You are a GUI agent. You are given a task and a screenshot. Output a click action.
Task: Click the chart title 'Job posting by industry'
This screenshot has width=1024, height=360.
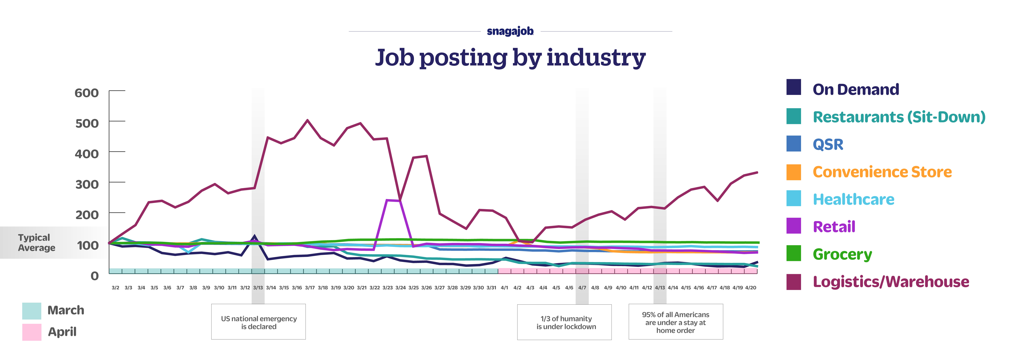coord(510,58)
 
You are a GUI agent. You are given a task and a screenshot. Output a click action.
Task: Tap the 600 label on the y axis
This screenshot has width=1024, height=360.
coord(87,93)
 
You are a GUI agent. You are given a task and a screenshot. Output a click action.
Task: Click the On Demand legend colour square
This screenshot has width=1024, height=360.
coord(793,87)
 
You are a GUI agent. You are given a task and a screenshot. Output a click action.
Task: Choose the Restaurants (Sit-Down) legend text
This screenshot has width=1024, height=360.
coord(899,117)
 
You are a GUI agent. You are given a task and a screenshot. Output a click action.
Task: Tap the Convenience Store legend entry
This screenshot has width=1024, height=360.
coord(882,172)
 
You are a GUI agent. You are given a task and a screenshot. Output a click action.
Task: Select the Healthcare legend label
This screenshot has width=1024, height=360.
coord(853,199)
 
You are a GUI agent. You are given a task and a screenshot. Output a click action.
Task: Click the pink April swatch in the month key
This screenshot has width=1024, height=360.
coord(32,332)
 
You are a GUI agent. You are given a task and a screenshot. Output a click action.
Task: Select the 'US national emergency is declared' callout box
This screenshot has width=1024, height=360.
coord(258,322)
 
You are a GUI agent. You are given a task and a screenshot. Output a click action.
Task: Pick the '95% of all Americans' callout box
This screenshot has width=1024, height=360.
coord(675,322)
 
